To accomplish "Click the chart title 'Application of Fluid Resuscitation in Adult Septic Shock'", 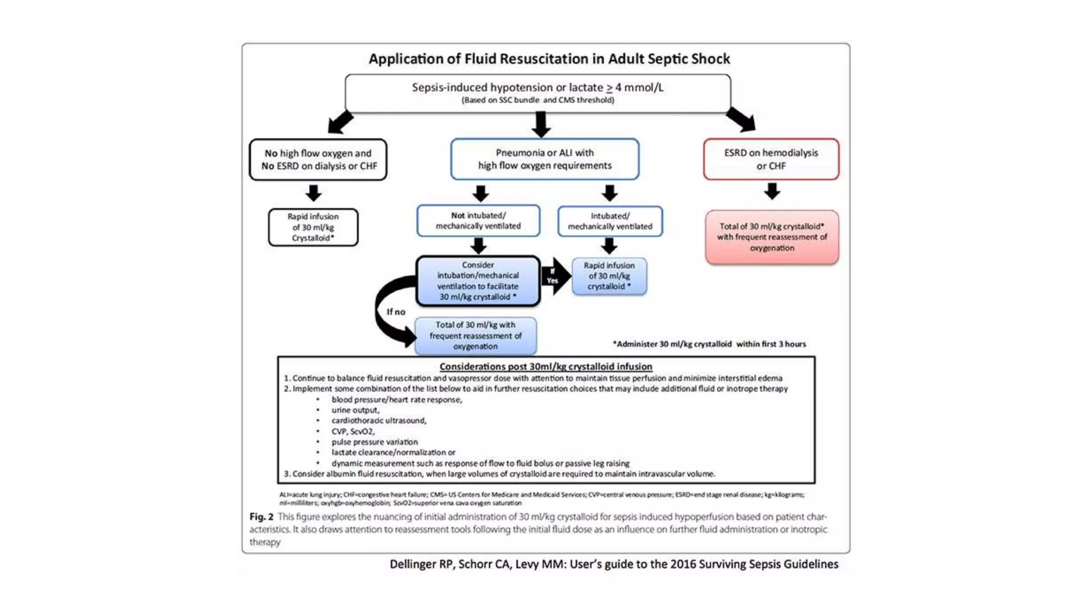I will click(549, 59).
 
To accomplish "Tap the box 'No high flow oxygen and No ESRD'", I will click(319, 160).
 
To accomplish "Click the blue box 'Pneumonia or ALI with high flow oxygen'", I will click(544, 159).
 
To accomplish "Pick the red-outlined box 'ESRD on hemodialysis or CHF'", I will click(771, 159).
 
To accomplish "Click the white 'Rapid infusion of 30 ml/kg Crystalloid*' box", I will click(313, 227).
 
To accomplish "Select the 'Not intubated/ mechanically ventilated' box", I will click(478, 221).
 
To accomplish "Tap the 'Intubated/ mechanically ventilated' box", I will click(610, 221).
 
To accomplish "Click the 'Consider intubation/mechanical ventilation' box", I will click(478, 281).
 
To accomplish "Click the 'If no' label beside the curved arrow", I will click(396, 312).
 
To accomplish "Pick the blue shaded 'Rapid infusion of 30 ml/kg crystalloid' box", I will click(609, 276).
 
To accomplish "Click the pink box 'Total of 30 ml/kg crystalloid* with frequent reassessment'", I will click(772, 237).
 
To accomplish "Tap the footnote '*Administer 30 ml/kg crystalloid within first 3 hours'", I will click(709, 344).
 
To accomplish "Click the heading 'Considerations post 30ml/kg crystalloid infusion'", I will click(545, 367).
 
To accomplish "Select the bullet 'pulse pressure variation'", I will click(374, 442).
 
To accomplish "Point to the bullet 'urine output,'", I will click(355, 410).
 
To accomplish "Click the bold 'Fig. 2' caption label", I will click(261, 517).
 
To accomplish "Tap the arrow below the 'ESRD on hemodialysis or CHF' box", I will click(772, 191).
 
